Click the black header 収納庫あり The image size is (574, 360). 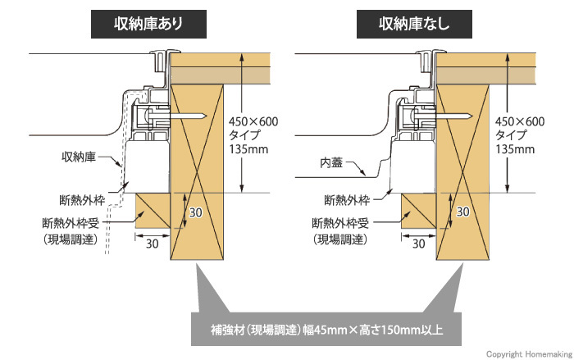coord(147,22)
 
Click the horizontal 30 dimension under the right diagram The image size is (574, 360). coord(418,243)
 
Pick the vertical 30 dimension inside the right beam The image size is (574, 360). coord(462,212)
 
